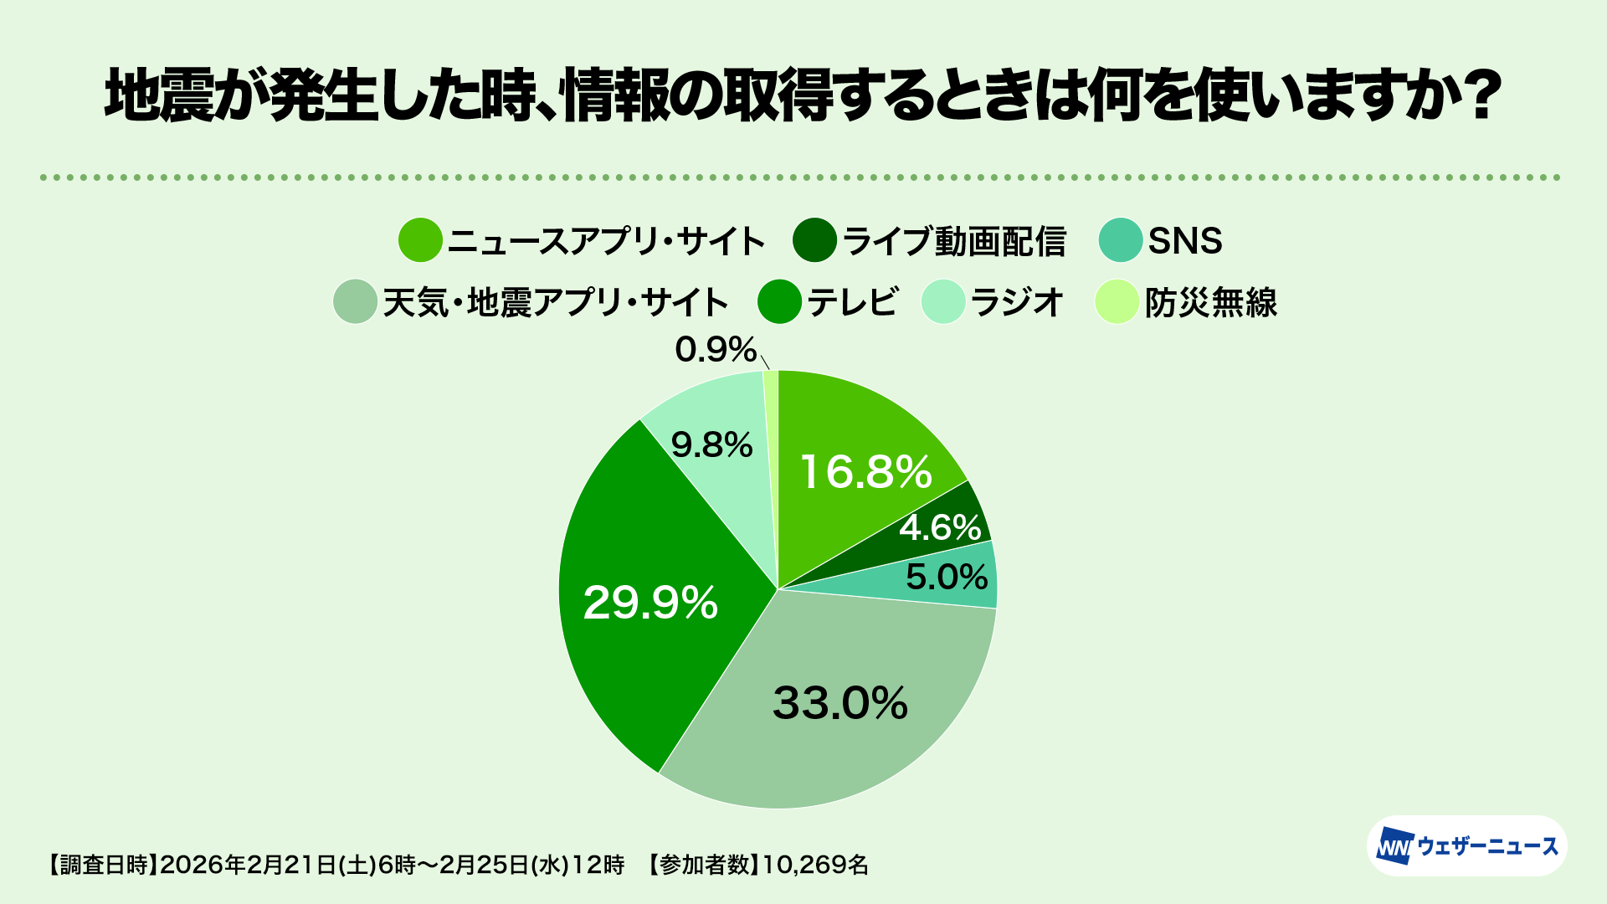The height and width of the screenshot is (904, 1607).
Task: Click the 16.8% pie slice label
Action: pos(866,472)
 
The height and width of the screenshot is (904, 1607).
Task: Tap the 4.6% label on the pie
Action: pos(940,527)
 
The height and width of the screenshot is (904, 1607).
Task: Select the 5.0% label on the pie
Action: pos(947,577)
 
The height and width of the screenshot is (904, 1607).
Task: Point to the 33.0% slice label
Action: pos(839,703)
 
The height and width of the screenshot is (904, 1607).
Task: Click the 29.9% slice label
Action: pos(650,603)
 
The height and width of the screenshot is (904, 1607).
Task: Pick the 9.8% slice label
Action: pos(711,445)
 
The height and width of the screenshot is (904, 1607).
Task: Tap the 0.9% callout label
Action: pos(716,350)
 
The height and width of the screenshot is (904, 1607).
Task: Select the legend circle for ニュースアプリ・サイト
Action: pos(419,240)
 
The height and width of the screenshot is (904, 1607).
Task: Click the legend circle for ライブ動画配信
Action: pos(814,240)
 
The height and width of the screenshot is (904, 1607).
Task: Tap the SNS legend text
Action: pos(1185,241)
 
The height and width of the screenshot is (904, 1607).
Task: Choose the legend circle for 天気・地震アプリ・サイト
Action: pos(355,301)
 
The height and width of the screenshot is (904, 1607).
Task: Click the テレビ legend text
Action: pos(852,302)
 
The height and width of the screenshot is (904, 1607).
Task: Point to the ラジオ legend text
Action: pos(1016,302)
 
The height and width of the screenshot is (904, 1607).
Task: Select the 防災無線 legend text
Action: pos(1211,302)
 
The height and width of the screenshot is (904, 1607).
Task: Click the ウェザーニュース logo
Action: pos(1466,846)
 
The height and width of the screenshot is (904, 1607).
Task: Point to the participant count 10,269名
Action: pos(815,865)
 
